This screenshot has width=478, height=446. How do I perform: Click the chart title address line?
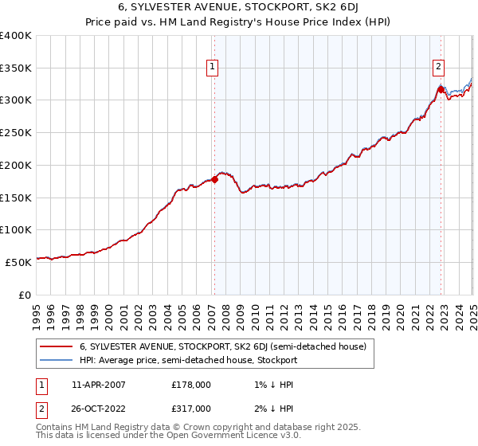click(x=239, y=8)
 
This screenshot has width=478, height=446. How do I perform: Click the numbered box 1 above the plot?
click(x=214, y=68)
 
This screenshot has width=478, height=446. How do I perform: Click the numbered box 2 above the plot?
click(x=439, y=68)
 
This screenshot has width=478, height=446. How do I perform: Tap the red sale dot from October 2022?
click(x=441, y=89)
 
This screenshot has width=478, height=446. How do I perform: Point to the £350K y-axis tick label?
click(x=16, y=68)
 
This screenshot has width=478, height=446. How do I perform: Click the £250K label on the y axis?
click(x=16, y=133)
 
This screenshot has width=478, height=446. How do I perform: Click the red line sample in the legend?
click(x=55, y=346)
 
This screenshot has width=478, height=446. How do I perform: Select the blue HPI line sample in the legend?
click(x=55, y=360)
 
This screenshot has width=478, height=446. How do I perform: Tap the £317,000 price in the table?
click(x=191, y=408)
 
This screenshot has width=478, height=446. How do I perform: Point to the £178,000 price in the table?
click(x=191, y=384)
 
